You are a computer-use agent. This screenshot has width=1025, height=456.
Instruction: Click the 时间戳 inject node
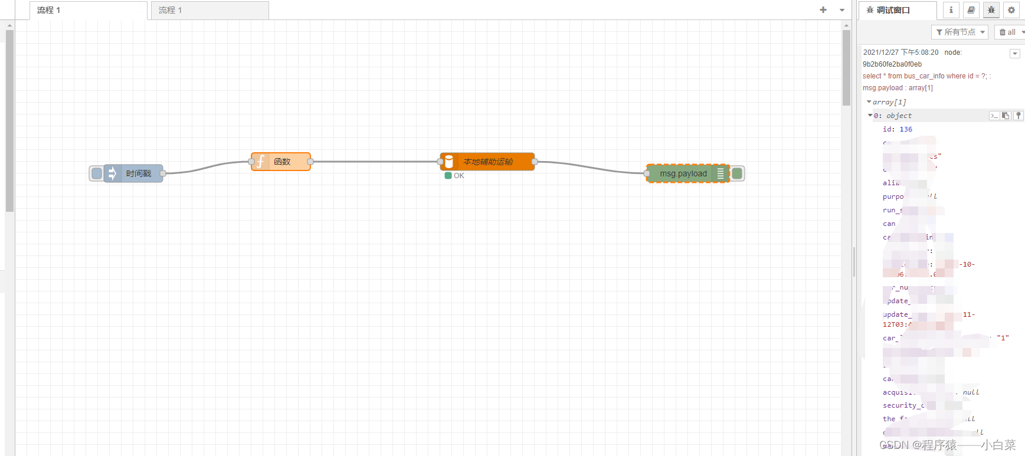tap(133, 173)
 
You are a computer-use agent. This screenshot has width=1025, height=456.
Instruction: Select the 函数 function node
tap(281, 162)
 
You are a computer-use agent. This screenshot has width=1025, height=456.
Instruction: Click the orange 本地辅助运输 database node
tap(487, 162)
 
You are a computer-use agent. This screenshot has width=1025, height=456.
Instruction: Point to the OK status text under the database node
tap(459, 176)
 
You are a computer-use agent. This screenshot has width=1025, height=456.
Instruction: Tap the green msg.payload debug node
tap(683, 173)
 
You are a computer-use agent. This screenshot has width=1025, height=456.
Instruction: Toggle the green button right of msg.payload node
tap(737, 173)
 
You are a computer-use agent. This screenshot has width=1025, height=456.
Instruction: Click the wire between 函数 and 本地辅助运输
tap(375, 162)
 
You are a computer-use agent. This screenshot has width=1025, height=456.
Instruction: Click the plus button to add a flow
tap(823, 10)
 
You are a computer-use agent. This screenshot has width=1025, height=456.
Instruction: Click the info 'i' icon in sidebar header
tap(951, 10)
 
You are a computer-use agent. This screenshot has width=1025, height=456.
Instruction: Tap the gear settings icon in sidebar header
tap(1011, 10)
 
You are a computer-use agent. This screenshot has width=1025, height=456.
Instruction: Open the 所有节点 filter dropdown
tap(959, 32)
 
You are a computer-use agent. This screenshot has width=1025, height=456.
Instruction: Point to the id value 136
tap(906, 129)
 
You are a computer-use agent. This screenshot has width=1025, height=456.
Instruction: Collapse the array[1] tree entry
tap(869, 102)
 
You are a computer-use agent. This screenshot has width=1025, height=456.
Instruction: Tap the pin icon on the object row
tap(1018, 116)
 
